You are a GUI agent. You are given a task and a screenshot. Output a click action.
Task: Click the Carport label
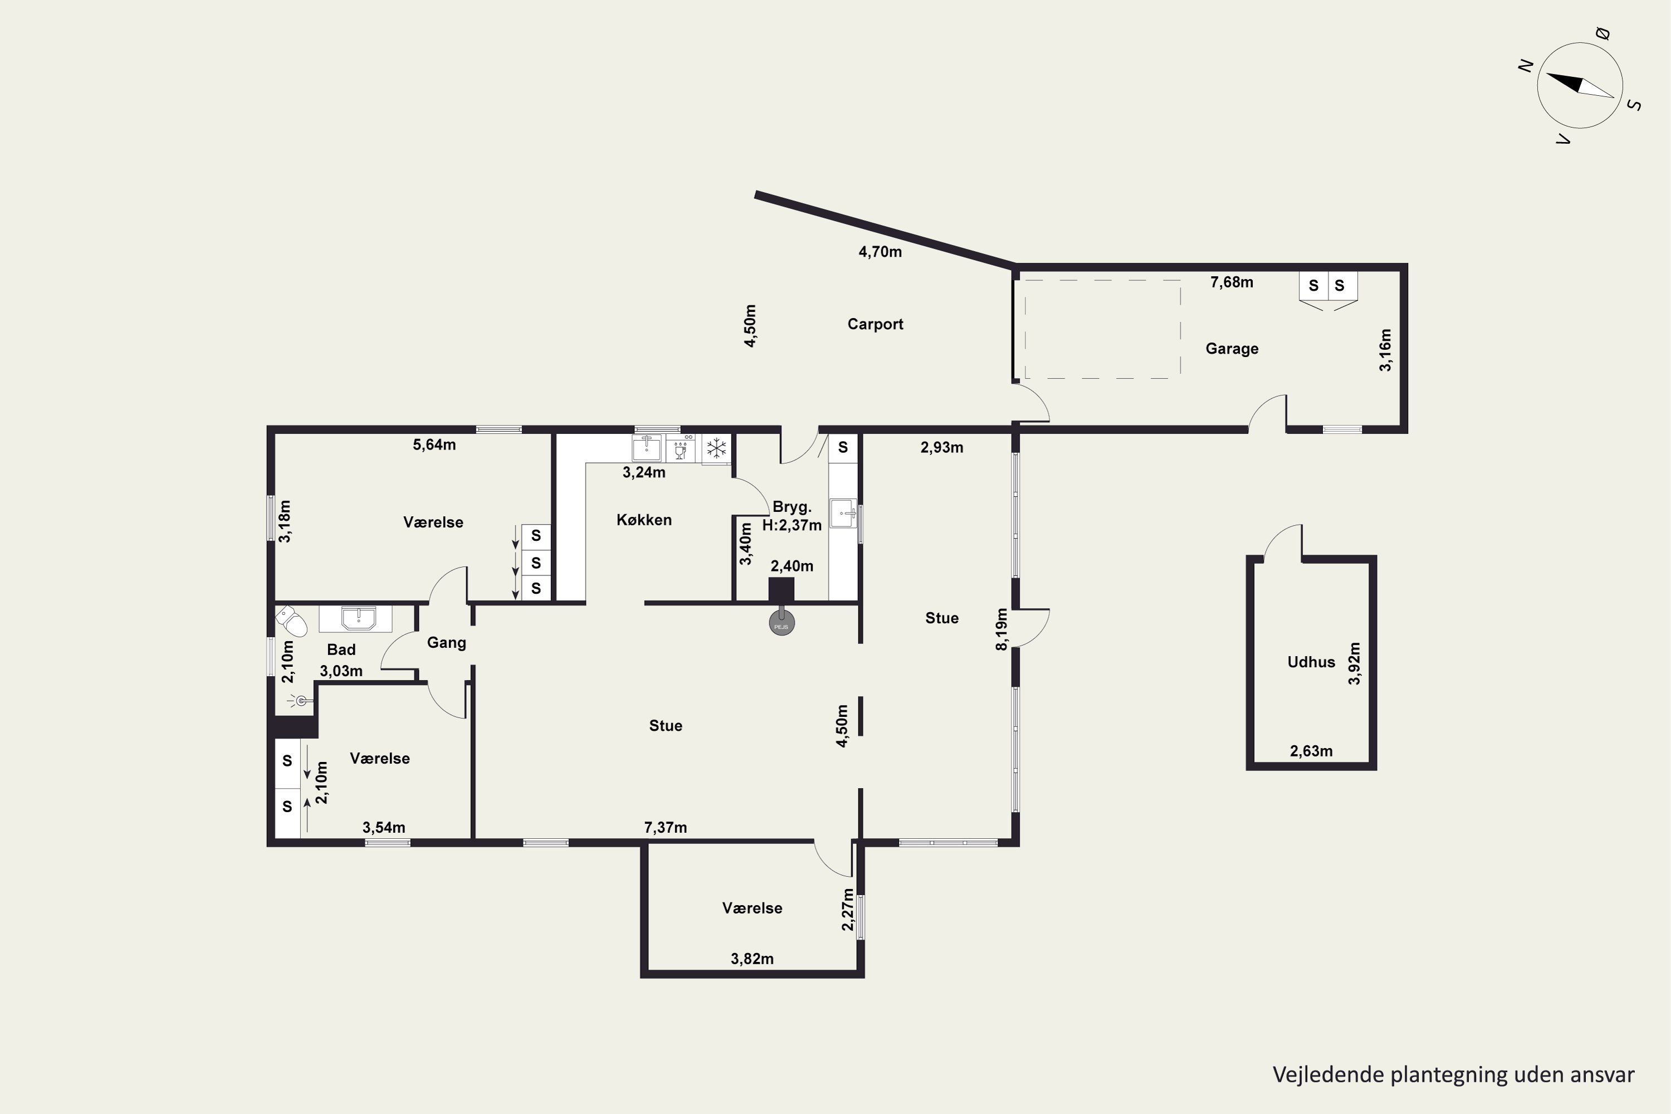(x=874, y=324)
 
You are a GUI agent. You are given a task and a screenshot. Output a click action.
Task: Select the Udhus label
(x=1311, y=662)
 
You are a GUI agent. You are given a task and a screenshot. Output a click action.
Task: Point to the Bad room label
(x=341, y=649)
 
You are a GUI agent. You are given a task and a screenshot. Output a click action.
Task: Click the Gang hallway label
(x=446, y=643)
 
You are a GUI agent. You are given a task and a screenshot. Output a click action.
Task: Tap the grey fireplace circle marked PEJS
(x=781, y=623)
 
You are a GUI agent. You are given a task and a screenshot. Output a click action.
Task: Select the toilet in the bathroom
(x=291, y=621)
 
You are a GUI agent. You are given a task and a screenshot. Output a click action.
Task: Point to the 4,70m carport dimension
(x=880, y=252)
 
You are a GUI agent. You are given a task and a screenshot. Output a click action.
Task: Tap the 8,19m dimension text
(x=1001, y=629)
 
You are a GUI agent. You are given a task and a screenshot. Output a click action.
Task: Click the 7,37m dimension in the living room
(x=665, y=828)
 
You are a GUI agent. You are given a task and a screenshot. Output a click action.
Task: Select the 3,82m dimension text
(x=751, y=959)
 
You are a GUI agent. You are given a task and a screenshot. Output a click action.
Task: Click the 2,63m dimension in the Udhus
(x=1311, y=751)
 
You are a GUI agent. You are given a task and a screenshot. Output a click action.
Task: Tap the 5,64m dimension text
(x=434, y=444)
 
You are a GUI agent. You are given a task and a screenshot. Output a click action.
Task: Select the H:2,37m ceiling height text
(x=791, y=526)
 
